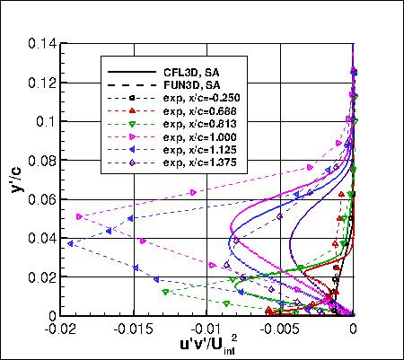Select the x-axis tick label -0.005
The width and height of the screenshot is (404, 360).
click(x=279, y=329)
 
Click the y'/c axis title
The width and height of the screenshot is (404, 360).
click(x=16, y=178)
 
